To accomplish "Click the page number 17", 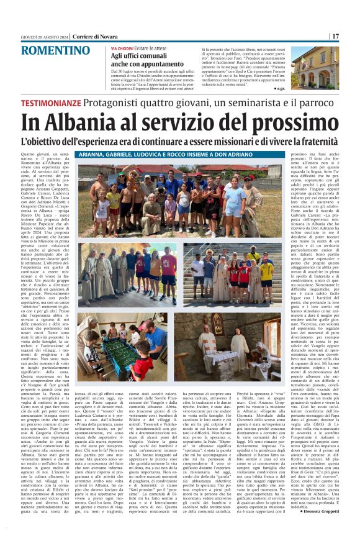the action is tap(351, 36).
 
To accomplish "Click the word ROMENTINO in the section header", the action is tap(59, 50).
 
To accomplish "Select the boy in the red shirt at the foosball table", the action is tap(141, 366).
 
